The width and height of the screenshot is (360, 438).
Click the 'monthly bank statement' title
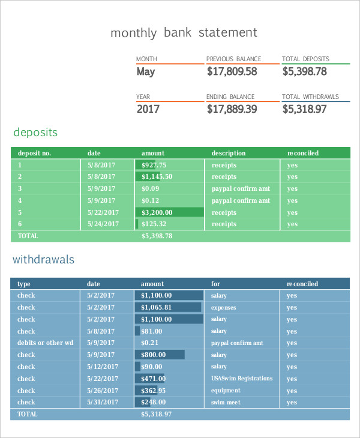pos(184,33)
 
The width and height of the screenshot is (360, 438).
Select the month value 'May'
pos(145,71)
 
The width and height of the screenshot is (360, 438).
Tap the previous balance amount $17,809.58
pos(232,71)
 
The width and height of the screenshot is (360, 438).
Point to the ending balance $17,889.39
pos(232,109)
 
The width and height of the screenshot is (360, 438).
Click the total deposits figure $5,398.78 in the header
pos(304,71)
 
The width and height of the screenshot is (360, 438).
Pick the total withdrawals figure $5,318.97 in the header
pos(304,109)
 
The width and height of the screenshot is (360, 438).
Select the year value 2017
pos(148,109)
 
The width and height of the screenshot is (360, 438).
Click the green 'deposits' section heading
pos(35,133)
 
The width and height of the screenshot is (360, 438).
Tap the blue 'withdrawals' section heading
pos(44,260)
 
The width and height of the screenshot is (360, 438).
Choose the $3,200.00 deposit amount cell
pos(157,212)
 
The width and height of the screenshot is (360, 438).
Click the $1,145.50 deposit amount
pos(157,176)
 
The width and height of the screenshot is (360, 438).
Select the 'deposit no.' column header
pos(34,153)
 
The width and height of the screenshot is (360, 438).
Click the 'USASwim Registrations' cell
pos(242,379)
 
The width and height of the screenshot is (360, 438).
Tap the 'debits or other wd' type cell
pos(45,343)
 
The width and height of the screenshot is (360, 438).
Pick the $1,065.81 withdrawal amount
pos(157,307)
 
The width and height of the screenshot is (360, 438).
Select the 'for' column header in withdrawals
pos(215,284)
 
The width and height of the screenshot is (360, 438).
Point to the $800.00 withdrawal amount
pos(154,355)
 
